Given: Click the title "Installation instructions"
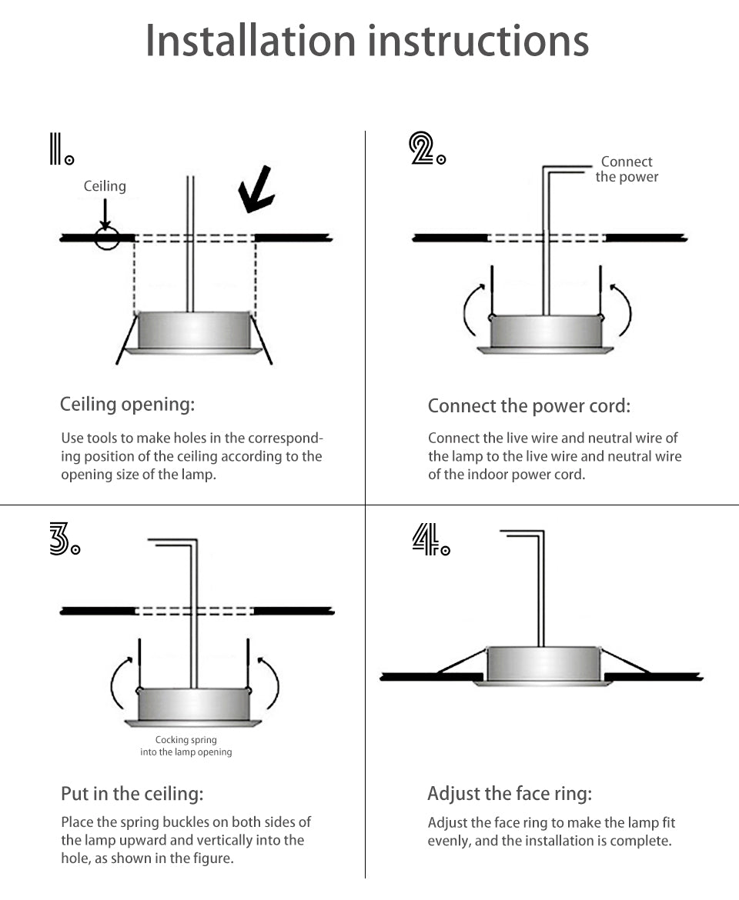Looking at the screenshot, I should pos(367,42).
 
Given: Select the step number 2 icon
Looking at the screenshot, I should pos(426,148).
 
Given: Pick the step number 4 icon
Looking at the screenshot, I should pos(430,539).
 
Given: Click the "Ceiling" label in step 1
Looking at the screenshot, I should pos(105,186).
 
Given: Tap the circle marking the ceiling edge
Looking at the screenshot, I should pos(107,238).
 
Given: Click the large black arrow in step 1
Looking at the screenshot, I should pos(256,190).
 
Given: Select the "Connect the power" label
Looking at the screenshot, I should pos(627,169).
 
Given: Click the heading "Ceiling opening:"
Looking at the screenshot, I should pos(128,404).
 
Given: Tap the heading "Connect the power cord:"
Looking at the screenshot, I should pos(529,405).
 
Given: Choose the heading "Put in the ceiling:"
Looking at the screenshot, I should pos(132,793).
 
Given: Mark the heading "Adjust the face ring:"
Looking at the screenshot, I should pos(510,793).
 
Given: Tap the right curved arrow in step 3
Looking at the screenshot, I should pos(270,682).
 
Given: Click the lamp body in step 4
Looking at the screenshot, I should pos(543,663).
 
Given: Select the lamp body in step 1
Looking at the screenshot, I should pos(194,330).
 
